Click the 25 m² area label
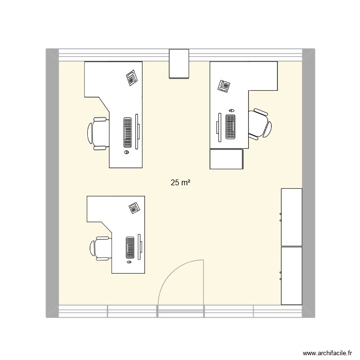(x=180, y=182)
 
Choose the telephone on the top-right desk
(x=224, y=86)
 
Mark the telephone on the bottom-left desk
(x=134, y=208)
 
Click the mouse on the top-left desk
(x=127, y=153)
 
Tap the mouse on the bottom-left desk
(x=129, y=263)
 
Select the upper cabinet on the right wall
(x=291, y=217)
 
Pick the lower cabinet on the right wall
(x=291, y=276)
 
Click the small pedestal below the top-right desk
(x=227, y=159)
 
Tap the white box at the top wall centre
(x=179, y=63)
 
